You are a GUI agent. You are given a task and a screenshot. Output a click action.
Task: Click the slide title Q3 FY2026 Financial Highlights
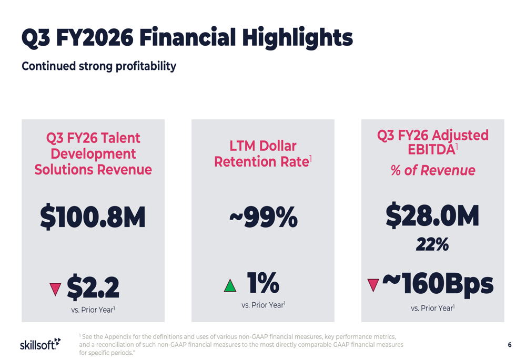pyautogui.click(x=187, y=38)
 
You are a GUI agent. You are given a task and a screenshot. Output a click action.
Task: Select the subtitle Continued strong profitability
pyautogui.click(x=98, y=66)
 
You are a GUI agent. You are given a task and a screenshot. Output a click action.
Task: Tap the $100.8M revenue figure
pyautogui.click(x=93, y=217)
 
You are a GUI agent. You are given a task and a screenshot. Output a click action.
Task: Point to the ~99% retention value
pyautogui.click(x=263, y=217)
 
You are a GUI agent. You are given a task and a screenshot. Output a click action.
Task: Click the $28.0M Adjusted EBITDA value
pyautogui.click(x=432, y=215)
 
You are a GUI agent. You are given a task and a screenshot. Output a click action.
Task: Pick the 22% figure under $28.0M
pyautogui.click(x=432, y=244)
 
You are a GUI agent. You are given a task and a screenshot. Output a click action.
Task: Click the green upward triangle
pyautogui.click(x=230, y=286)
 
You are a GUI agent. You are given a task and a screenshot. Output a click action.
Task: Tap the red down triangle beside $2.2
pyautogui.click(x=55, y=289)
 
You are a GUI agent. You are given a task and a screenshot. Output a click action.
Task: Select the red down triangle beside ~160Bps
pyautogui.click(x=373, y=285)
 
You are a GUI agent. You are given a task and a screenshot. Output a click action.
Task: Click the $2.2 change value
pyautogui.click(x=93, y=287)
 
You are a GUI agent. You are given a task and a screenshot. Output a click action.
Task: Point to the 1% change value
pyautogui.click(x=263, y=283)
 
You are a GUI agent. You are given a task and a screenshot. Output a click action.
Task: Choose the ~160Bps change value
pyautogui.click(x=438, y=284)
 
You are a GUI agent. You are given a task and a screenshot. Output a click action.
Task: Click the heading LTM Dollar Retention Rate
pyautogui.click(x=262, y=154)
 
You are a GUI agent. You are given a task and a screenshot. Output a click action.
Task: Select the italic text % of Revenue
pyautogui.click(x=432, y=170)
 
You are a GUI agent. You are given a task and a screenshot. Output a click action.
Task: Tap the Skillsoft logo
pyautogui.click(x=40, y=344)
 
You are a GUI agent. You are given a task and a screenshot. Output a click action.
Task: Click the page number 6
pyautogui.click(x=509, y=345)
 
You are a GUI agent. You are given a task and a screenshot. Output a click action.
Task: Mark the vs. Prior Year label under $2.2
pyautogui.click(x=93, y=310)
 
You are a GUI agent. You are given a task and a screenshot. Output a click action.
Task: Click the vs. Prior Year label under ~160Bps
pyautogui.click(x=432, y=308)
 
